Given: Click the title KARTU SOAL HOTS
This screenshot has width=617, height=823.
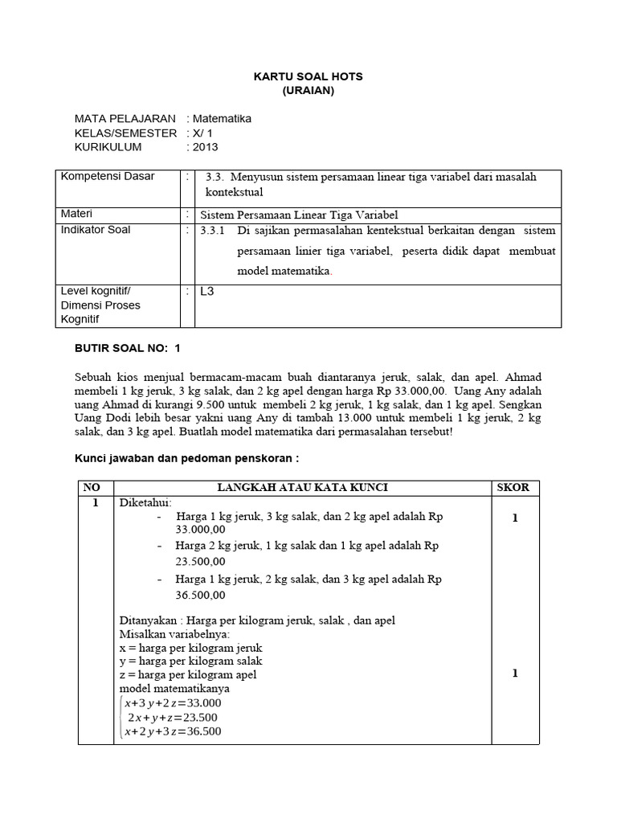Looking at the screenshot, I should (x=308, y=76).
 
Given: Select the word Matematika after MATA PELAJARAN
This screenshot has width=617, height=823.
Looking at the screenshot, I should (x=222, y=119).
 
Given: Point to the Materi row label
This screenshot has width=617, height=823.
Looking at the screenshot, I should (x=77, y=214).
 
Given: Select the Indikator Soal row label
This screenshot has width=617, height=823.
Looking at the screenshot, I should (x=96, y=230).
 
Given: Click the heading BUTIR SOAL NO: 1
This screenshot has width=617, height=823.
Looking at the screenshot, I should (x=128, y=348).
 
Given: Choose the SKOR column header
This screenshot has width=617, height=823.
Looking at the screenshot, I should (x=514, y=488).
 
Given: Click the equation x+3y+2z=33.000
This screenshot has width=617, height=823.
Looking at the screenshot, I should (x=172, y=702).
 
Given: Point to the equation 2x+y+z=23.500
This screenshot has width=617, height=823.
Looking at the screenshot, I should (x=173, y=717).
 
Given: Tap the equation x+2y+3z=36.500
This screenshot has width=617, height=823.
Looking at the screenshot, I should (x=172, y=731).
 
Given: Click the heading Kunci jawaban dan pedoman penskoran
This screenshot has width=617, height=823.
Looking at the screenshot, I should (x=186, y=457).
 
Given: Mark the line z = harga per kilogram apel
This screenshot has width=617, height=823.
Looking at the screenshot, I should (x=189, y=674).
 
